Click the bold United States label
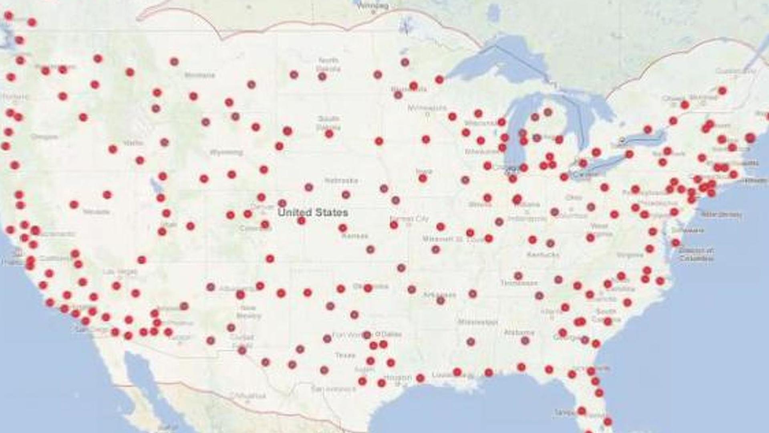click(313, 212)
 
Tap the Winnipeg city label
click(372, 6)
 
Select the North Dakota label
click(328, 64)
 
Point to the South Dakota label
click(328, 123)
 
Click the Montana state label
click(199, 75)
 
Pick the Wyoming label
click(226, 152)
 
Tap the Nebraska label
click(341, 180)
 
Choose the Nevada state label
click(96, 211)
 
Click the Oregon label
click(44, 137)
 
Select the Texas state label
click(345, 355)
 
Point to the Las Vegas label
click(120, 271)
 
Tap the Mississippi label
click(478, 322)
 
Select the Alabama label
click(519, 332)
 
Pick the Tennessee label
click(519, 283)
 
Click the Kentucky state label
click(543, 255)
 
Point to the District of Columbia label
click(696, 255)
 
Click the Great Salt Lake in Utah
click(154, 185)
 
